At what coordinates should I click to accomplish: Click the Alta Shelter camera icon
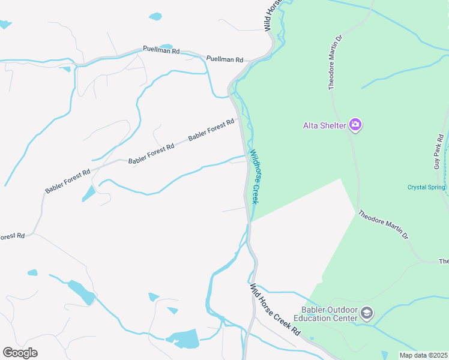coord(355,125)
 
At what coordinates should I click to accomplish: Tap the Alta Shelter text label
coord(324,125)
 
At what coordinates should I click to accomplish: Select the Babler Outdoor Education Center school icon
coord(367,313)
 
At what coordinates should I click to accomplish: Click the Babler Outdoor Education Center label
coord(329,314)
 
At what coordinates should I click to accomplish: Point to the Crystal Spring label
coord(426,187)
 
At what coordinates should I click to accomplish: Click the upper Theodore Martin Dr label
coord(335,63)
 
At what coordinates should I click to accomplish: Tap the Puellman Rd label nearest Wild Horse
coord(224,59)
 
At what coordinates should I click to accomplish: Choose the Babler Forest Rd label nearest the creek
coord(211,130)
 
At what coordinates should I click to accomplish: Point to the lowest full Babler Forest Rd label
coord(67,181)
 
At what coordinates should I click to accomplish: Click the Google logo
coord(20,353)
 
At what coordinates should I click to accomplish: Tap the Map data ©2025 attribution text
coord(423,355)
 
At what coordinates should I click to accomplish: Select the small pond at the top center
coord(155,16)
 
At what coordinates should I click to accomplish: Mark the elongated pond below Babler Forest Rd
coord(88,193)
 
